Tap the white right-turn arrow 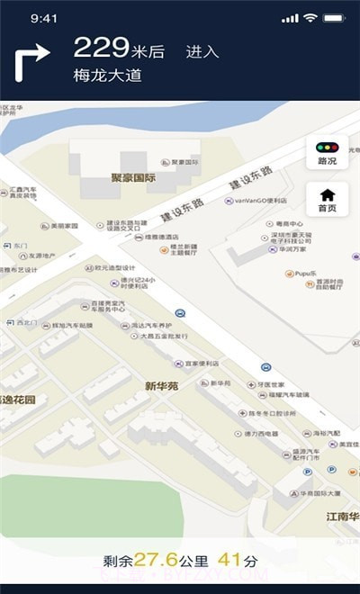pos(31,64)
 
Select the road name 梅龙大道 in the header pos(108,76)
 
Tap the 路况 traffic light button pos(327,153)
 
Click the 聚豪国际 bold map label pos(133,177)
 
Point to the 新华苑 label pos(162,385)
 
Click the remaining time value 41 pos(229,561)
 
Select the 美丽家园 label pos(64,226)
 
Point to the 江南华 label pos(342,517)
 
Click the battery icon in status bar pos(334,18)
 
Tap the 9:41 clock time pos(44,18)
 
